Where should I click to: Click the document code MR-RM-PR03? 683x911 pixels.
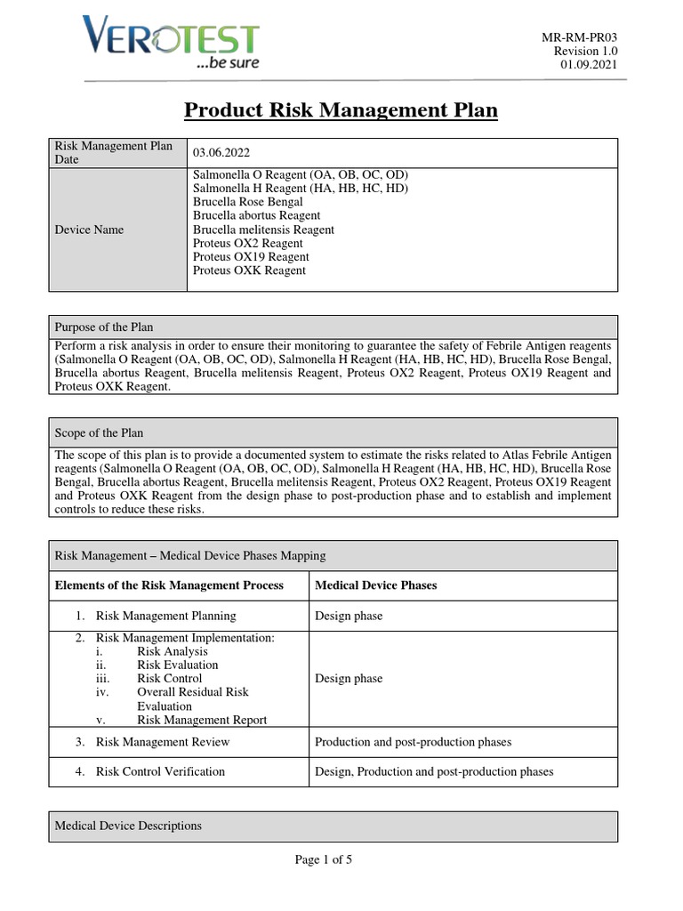580,36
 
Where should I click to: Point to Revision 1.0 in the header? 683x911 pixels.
585,51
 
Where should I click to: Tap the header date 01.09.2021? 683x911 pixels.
588,65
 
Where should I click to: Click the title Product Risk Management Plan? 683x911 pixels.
341,110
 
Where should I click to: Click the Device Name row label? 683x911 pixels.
89,230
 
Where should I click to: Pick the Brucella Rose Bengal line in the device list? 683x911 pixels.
247,202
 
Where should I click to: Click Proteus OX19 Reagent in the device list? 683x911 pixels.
251,257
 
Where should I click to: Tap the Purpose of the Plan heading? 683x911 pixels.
104,327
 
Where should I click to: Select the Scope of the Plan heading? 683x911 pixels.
99,433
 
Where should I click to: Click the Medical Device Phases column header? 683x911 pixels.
376,585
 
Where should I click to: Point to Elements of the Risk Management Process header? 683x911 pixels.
169,585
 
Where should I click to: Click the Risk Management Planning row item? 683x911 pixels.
165,616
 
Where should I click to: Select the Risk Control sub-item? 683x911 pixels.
169,678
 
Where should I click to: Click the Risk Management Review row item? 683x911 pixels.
156,742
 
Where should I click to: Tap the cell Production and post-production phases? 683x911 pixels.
413,742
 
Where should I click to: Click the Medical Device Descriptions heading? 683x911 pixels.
128,826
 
